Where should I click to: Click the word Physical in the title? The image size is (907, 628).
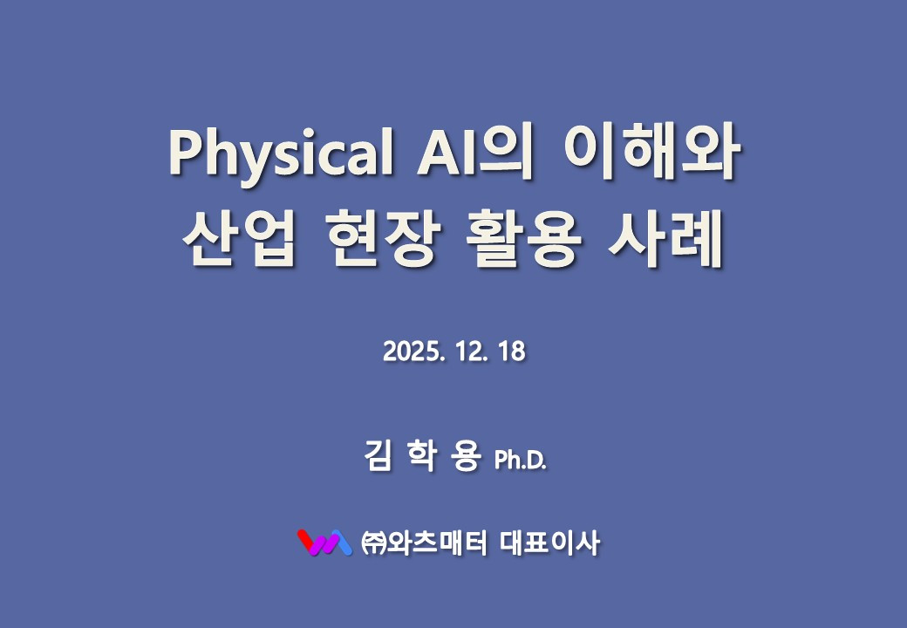tap(277, 154)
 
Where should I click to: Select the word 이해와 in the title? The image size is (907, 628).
tap(652, 154)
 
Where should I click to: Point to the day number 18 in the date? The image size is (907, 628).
tap(513, 353)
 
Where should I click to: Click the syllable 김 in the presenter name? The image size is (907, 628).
tap(375, 456)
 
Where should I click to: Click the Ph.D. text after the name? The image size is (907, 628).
tap(521, 460)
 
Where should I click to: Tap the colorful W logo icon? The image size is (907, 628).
tap(324, 543)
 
